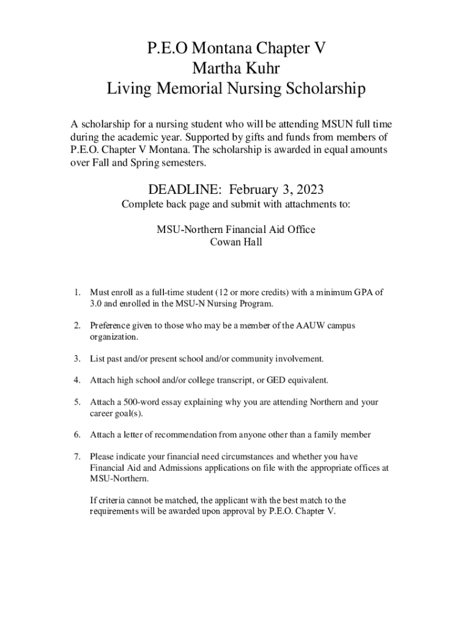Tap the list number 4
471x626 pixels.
tap(76, 380)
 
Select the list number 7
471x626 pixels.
tap(76, 457)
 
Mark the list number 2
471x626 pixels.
tap(76, 326)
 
